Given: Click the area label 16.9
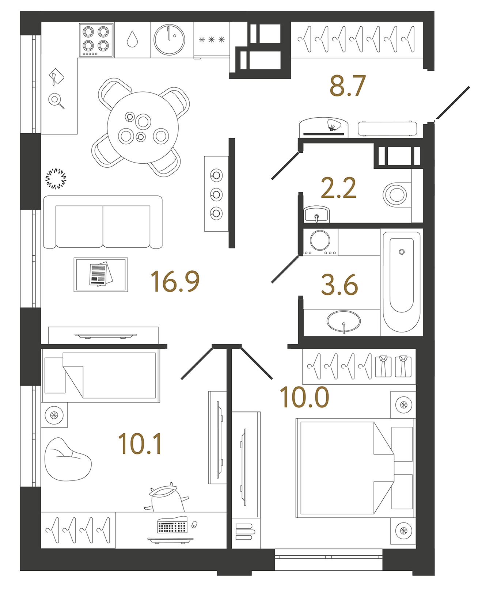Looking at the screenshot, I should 175,281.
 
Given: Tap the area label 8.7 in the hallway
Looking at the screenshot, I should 347,86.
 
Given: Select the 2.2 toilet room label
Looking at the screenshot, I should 338,189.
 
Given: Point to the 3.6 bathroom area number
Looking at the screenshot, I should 339,285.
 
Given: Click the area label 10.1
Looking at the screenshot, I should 140,444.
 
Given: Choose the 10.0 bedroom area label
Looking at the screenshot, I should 304,398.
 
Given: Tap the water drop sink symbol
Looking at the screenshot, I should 132,39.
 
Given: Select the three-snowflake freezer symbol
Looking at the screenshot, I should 212,39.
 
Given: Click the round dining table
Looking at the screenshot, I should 143,127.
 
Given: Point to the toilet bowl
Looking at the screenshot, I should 395,194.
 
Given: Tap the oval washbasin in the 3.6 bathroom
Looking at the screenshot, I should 343,322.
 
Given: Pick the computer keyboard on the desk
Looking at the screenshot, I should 172,526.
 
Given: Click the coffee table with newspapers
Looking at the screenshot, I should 101,274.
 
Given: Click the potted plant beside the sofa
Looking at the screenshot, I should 56,179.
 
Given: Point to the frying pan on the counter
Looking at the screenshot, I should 56,99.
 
